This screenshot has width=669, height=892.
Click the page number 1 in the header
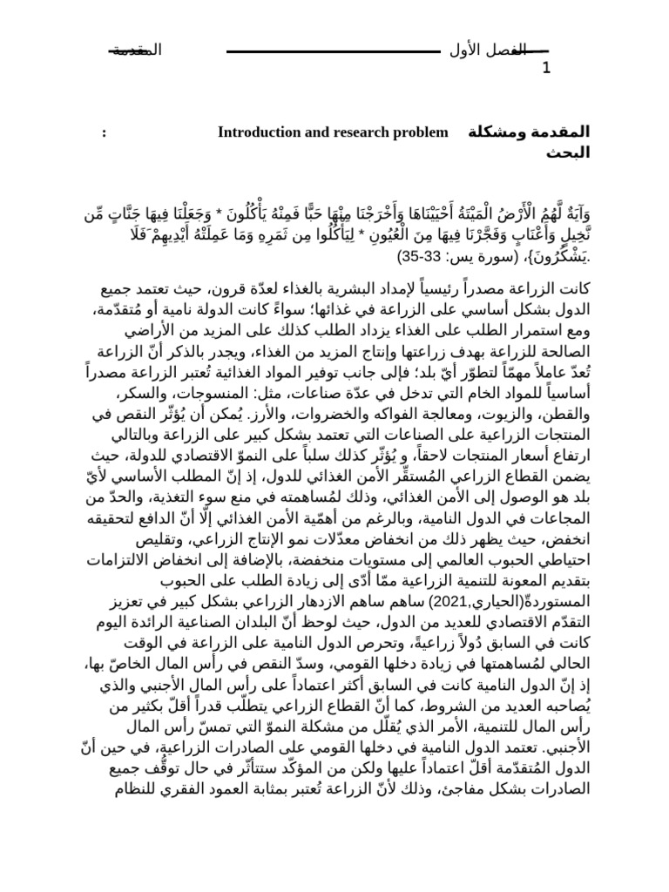click(x=546, y=70)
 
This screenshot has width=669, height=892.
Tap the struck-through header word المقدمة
click(x=137, y=51)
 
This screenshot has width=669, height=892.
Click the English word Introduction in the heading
click(x=257, y=132)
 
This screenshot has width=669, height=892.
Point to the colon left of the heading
click(x=105, y=132)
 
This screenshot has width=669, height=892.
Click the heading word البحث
click(x=568, y=153)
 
